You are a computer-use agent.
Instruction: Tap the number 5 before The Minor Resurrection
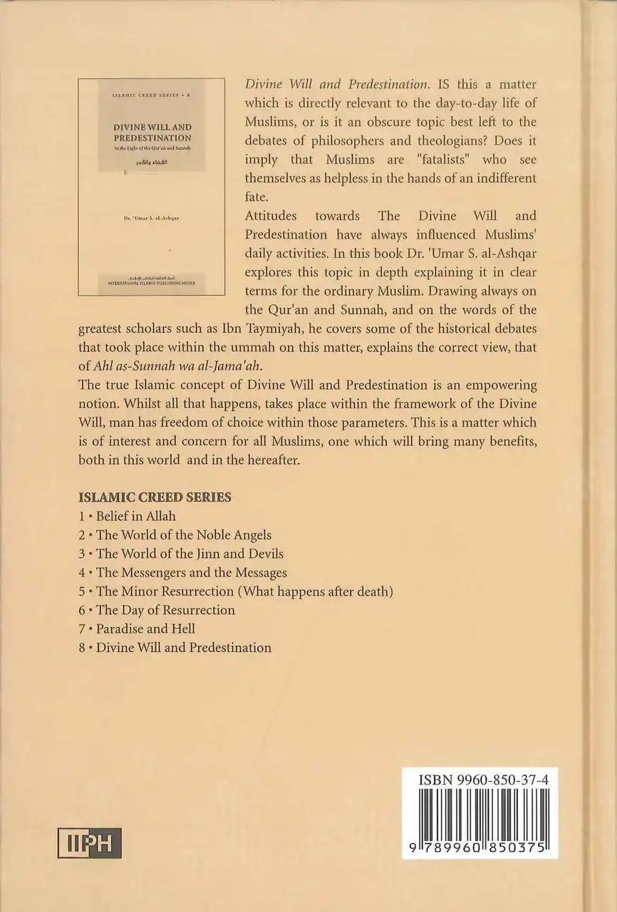(x=83, y=591)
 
